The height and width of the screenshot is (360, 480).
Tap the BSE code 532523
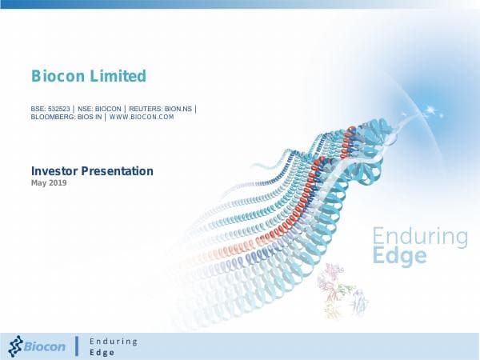(x=58, y=108)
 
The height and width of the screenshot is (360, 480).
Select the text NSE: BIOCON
(x=98, y=108)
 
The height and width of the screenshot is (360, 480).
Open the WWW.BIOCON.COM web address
(x=141, y=118)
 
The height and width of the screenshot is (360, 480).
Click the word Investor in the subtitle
(x=58, y=170)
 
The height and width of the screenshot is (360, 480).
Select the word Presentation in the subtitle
(x=120, y=170)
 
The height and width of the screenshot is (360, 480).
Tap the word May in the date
(x=38, y=183)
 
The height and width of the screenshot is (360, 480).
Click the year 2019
(x=58, y=183)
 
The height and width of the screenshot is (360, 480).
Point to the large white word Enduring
(x=420, y=237)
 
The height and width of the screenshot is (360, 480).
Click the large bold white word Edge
(x=400, y=257)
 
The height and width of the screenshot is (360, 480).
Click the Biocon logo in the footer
(x=38, y=346)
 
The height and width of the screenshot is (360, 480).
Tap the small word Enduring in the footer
(x=114, y=341)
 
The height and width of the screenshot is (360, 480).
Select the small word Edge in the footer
(x=102, y=352)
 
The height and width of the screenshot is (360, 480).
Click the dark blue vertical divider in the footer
(x=77, y=346)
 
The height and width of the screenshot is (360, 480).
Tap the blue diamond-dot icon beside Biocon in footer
(x=16, y=346)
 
